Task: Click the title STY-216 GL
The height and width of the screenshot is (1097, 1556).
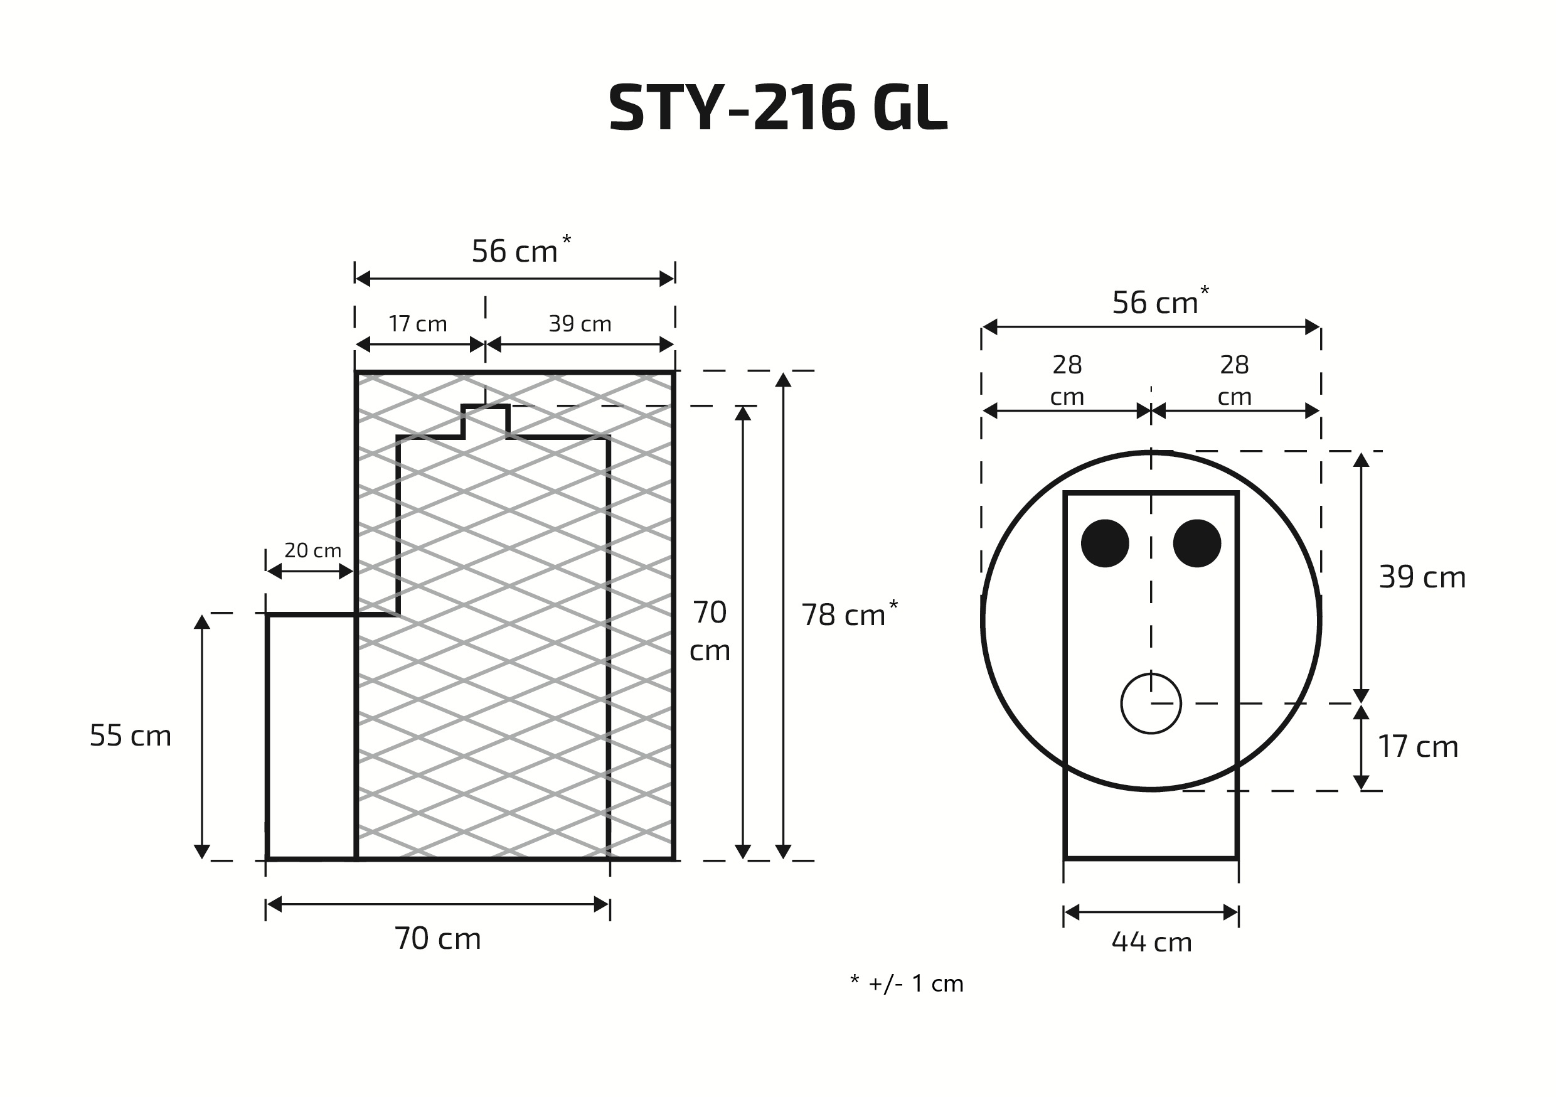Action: click(777, 107)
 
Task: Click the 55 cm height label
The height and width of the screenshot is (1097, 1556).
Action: click(131, 736)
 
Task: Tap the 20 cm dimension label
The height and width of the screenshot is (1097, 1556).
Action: click(312, 550)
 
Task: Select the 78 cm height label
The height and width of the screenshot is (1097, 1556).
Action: click(850, 614)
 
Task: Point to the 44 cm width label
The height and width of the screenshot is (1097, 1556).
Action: click(1151, 943)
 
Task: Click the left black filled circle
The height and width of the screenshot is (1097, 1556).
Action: click(1105, 543)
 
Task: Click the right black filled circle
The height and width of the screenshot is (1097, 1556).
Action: click(1197, 543)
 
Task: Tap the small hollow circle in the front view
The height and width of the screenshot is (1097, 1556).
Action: click(1151, 704)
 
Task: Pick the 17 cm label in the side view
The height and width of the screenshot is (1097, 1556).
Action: click(417, 324)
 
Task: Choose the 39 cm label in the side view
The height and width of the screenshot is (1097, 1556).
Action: click(580, 324)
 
